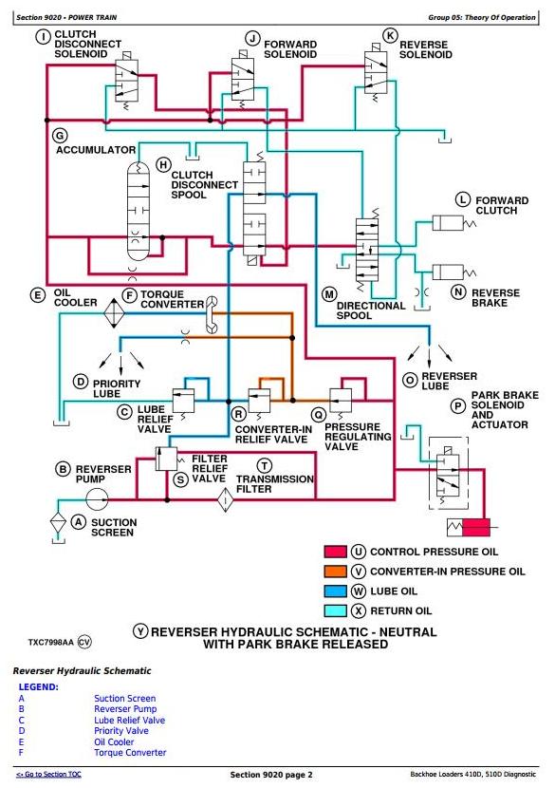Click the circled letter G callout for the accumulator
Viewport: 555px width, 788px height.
[60, 136]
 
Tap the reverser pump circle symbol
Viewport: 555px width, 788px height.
[97, 499]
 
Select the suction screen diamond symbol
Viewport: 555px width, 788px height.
[58, 523]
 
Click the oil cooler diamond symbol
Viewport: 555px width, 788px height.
[114, 313]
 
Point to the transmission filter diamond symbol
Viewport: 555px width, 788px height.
[226, 499]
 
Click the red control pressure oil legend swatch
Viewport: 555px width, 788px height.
[335, 552]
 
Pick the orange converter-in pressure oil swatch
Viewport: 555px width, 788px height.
[335, 572]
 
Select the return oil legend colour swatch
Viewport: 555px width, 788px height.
[335, 610]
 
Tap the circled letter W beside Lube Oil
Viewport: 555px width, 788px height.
[358, 591]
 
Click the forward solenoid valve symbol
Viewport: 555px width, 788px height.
[243, 80]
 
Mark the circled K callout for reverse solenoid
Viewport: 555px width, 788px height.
[390, 36]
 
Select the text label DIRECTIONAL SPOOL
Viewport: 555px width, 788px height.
[371, 310]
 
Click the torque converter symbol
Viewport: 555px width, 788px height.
[212, 314]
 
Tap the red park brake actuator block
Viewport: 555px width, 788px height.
[475, 528]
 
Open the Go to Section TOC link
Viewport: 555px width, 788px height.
[48, 775]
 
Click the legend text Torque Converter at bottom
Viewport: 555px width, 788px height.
[130, 752]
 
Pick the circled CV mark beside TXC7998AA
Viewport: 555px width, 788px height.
[84, 642]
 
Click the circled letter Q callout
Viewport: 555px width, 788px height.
[319, 415]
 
